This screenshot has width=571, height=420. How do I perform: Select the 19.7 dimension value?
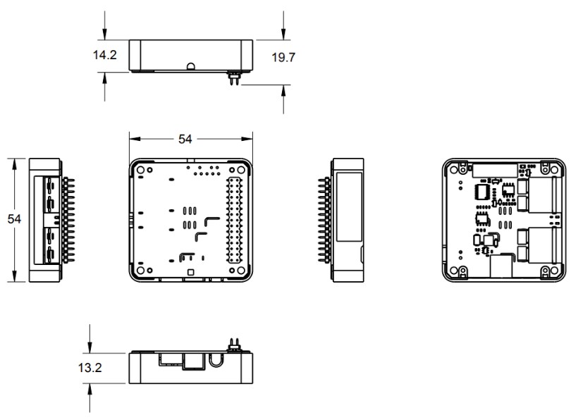[x=283, y=56]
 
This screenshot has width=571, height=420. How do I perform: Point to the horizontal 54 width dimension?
[x=185, y=140]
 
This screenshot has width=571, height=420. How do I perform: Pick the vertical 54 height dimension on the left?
[x=14, y=219]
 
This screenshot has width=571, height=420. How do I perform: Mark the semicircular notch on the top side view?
[x=191, y=67]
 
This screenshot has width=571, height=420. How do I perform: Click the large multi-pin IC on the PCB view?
[x=484, y=192]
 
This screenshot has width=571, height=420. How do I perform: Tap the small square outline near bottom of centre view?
[x=188, y=271]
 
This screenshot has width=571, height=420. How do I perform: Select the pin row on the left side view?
[x=68, y=220]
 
